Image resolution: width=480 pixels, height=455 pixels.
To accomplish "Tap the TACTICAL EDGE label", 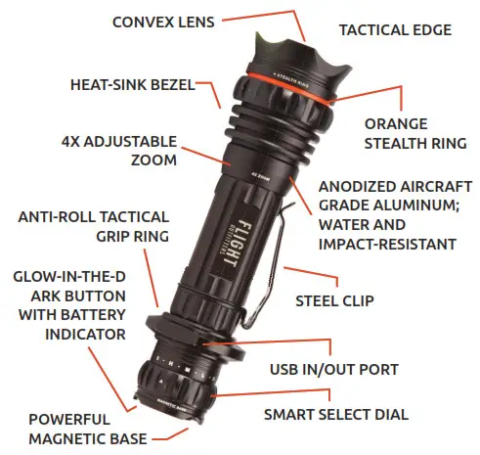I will tap(395, 30).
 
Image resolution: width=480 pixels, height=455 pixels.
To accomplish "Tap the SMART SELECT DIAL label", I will tap(335, 414).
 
